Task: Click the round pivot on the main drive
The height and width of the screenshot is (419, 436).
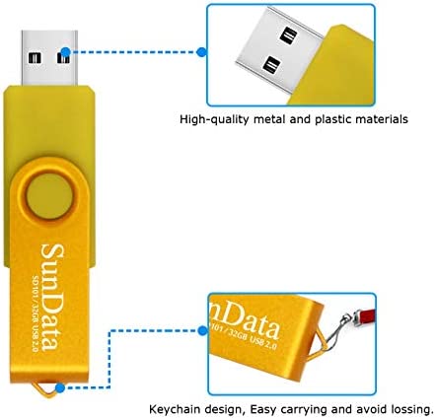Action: click(49, 196)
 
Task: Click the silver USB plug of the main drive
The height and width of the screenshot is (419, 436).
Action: click(49, 58)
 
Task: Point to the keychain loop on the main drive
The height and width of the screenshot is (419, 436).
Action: click(43, 389)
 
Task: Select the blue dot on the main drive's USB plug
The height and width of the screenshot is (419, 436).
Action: click(66, 52)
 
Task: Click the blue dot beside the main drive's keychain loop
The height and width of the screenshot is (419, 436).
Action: click(60, 388)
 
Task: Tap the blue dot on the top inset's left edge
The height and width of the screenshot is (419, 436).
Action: click(201, 52)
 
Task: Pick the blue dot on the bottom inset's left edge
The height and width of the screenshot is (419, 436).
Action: click(203, 330)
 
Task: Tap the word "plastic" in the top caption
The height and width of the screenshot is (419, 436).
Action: click(332, 119)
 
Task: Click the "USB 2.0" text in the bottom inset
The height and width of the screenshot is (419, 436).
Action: click(263, 342)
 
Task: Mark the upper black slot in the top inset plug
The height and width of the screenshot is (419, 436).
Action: click(289, 35)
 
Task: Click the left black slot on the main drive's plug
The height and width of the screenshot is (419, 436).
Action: click(35, 58)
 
